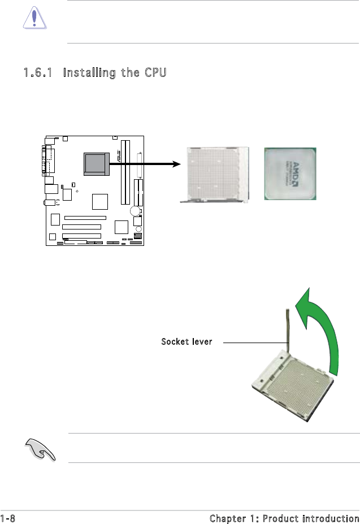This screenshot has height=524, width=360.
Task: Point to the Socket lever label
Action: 186,342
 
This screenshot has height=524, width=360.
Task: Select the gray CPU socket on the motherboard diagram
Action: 95,163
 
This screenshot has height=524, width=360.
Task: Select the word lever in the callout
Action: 200,342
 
